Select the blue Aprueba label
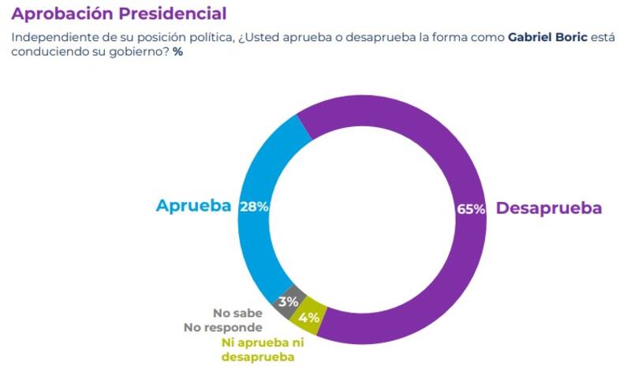(x=193, y=206)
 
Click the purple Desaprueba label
(x=549, y=208)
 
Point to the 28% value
(x=254, y=207)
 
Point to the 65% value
(x=471, y=209)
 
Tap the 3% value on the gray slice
(x=288, y=301)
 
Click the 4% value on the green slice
(x=308, y=318)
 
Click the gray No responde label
(x=222, y=327)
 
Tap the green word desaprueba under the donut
(x=258, y=357)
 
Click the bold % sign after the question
(x=178, y=51)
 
